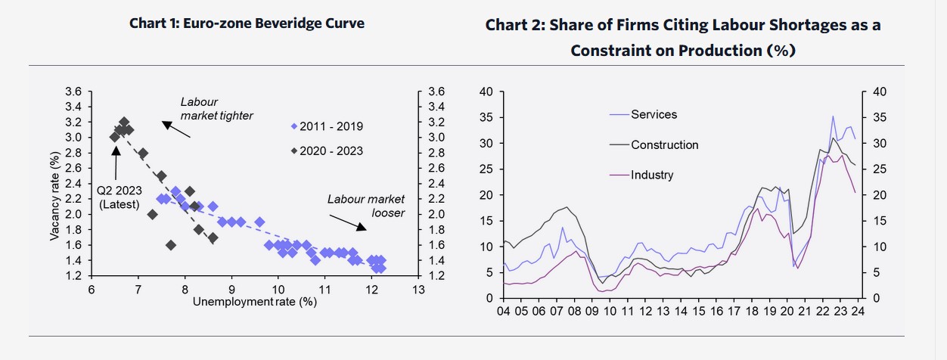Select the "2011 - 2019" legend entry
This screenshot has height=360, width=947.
(331, 126)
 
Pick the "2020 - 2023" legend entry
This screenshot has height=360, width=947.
(331, 151)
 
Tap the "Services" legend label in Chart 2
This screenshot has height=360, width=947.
(654, 115)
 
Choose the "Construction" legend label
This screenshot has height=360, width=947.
(664, 144)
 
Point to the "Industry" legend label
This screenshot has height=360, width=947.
(651, 175)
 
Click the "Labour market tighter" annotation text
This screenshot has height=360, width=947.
(216, 109)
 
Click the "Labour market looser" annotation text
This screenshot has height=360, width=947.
(366, 206)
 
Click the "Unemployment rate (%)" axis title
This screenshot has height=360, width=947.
(254, 303)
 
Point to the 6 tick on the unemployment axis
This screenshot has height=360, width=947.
(92, 290)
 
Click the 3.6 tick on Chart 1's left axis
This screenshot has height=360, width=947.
(73, 92)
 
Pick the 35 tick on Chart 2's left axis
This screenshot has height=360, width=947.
(486, 118)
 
